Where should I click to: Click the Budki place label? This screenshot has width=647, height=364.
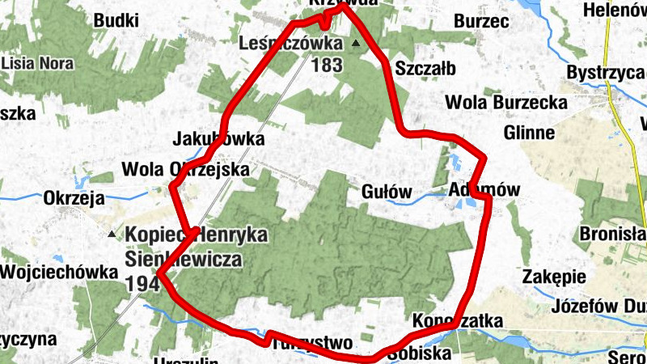[116, 20]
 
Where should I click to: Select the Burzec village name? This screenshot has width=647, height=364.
[480, 20]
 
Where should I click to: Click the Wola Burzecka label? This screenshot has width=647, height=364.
[494, 103]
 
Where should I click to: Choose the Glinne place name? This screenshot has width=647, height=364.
[528, 132]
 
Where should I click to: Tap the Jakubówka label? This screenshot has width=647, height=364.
[218, 139]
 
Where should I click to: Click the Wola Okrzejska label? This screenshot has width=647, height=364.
[185, 170]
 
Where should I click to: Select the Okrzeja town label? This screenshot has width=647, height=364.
[76, 198]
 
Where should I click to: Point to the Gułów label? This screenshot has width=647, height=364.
[387, 192]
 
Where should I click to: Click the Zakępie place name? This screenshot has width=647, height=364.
[554, 276]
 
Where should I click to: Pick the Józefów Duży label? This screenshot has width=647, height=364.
[598, 307]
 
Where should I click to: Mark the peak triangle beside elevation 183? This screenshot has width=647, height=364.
[356, 42]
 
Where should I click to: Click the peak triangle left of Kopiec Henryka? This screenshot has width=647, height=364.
[112, 234]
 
